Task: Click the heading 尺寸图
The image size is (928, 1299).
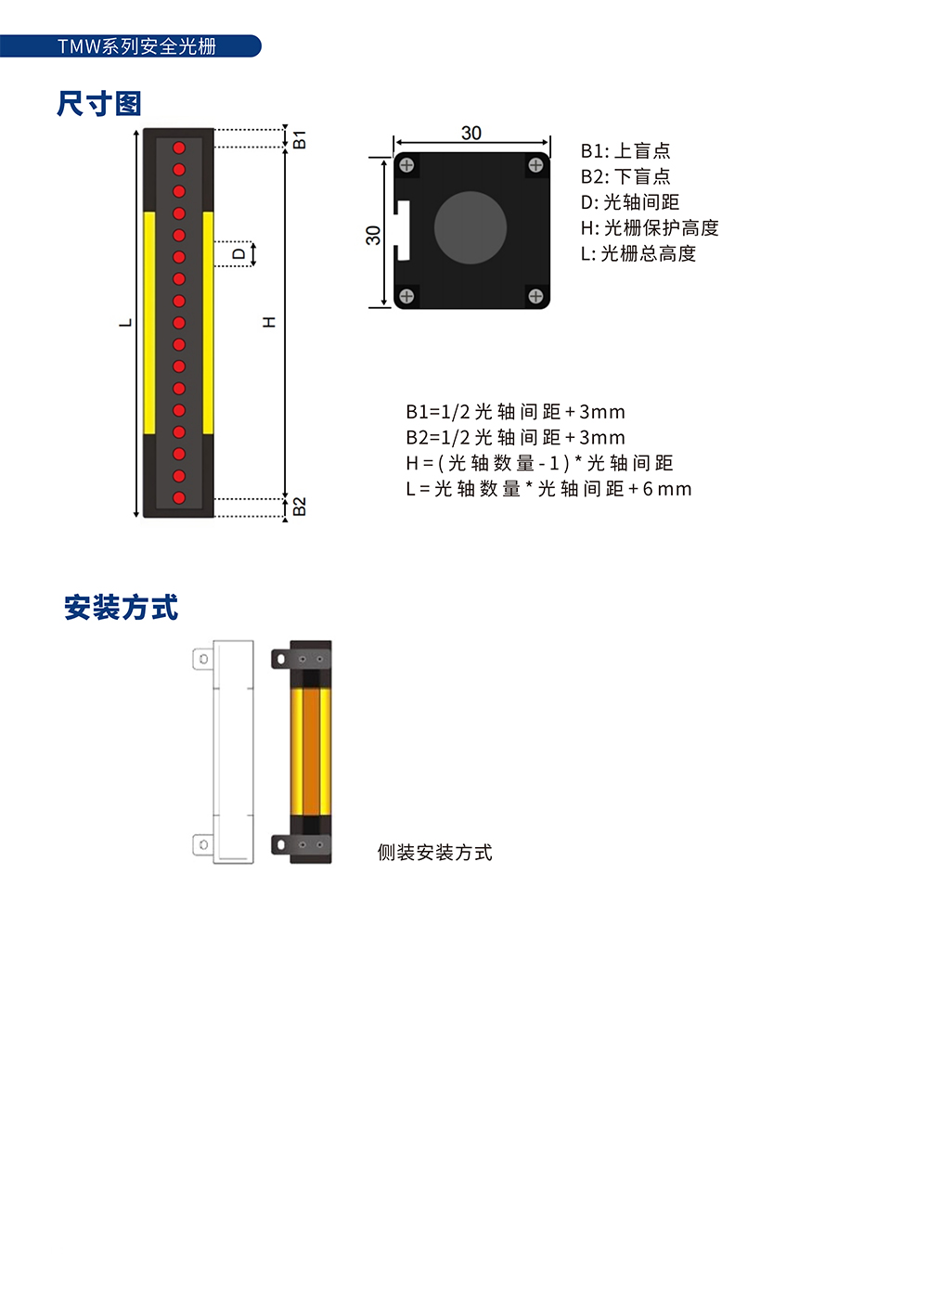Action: [98, 104]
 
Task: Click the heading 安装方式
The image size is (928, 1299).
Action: [122, 608]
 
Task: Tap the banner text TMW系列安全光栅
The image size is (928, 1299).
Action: [137, 46]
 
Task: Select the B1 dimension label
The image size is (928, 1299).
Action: [299, 140]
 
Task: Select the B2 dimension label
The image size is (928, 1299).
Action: [299, 507]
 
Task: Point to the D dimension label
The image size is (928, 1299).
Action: [238, 254]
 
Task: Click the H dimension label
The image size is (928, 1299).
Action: [269, 322]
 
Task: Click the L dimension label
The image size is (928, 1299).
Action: [125, 323]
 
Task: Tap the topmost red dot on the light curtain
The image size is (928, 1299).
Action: [178, 148]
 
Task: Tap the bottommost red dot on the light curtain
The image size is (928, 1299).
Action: [178, 497]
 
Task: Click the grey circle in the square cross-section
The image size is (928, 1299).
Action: [470, 227]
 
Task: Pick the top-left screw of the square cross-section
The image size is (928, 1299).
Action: [406, 165]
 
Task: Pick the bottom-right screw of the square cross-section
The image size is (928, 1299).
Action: [535, 296]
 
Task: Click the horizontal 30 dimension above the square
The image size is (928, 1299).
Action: [471, 133]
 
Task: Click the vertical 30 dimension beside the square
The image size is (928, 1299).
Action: [373, 235]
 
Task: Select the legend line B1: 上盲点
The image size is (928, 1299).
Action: [625, 150]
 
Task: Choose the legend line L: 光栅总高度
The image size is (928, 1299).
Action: [638, 253]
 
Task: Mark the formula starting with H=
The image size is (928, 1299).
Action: [539, 463]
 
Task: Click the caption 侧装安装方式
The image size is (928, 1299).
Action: [434, 853]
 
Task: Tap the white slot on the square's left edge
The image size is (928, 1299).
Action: [403, 230]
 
